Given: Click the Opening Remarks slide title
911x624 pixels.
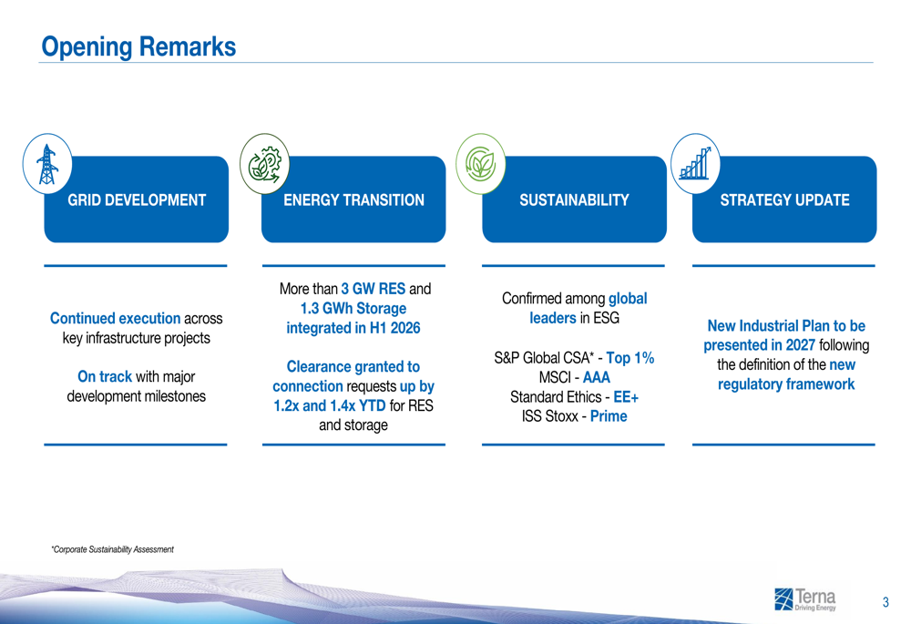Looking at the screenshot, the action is click(138, 46).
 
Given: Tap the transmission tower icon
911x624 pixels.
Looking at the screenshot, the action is click(47, 164).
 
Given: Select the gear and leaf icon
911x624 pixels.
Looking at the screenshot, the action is click(264, 164).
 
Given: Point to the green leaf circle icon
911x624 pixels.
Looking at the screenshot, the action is click(480, 164).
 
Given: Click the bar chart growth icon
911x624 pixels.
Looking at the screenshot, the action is click(695, 164).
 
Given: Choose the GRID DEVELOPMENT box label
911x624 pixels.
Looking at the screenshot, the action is click(137, 199).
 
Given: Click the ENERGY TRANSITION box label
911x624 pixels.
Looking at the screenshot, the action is click(353, 199).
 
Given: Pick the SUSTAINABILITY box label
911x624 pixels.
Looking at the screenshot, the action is click(574, 199).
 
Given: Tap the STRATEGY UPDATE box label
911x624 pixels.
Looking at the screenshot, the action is click(785, 199).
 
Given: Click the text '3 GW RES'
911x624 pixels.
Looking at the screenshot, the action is click(373, 289).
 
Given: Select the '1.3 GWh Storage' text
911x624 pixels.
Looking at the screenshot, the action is click(353, 309).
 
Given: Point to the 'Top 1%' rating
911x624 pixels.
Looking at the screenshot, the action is click(630, 358).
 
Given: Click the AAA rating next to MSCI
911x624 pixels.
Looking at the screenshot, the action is click(597, 378).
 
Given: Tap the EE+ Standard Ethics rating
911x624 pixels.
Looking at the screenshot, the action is click(627, 397).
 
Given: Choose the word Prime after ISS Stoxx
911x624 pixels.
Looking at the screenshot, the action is click(609, 416).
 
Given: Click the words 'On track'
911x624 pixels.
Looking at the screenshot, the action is click(105, 376).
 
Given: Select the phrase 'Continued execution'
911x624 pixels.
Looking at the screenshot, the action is click(115, 319).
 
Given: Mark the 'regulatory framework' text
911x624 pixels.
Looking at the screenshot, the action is click(786, 384).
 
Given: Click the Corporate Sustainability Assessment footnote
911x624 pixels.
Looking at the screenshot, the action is click(113, 549).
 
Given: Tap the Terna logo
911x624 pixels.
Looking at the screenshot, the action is click(805, 599).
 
